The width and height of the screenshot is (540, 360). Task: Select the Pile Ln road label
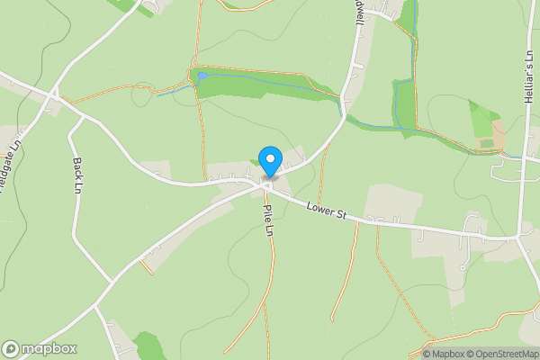coord(267,221)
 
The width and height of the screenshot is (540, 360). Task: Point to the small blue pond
coord(202,76)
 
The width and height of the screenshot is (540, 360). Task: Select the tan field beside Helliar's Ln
coord(498,135)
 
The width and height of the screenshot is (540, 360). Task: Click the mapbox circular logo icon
coord(12,349)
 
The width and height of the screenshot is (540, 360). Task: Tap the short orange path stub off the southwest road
coord(146,267)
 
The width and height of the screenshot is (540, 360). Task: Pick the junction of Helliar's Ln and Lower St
coord(522,238)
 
